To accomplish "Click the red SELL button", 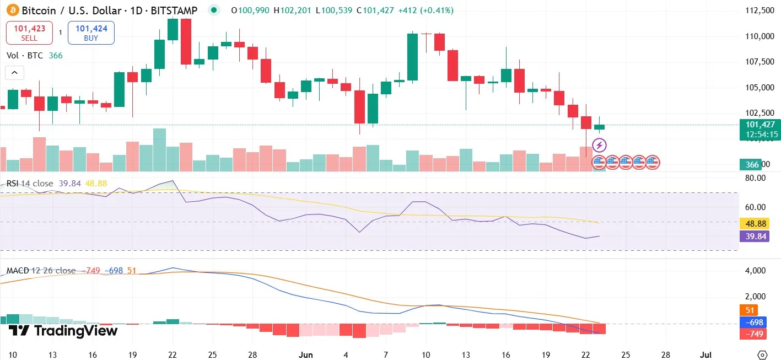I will point(29,33).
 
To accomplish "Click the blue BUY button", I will point(91,33).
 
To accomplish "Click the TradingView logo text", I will point(63,331).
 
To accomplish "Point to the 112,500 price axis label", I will point(758,10).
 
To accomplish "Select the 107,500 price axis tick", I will point(758,62).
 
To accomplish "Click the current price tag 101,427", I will point(759,125).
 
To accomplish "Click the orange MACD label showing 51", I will point(749,310).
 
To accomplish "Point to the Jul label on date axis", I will point(705,354).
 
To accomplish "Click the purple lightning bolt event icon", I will point(599,146).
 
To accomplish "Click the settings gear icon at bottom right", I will point(762,354).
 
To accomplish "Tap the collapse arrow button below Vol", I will point(14,73).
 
